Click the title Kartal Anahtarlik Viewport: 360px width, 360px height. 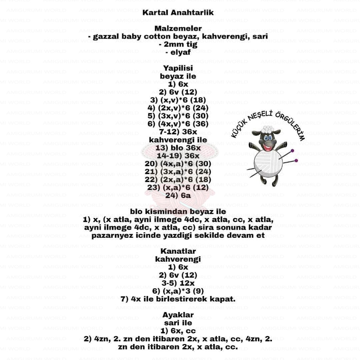178,13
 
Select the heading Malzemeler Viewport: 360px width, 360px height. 178,29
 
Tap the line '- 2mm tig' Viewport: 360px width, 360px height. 178,44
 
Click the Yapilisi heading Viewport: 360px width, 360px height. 178,68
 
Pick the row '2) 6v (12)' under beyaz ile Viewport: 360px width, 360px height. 178,92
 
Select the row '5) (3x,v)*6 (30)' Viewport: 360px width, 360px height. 178,116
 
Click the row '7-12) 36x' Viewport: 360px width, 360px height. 178,132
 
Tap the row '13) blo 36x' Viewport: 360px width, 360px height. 178,148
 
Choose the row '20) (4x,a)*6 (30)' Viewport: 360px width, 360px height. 178,164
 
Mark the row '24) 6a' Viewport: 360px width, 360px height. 178,196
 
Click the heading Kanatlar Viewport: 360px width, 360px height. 178,251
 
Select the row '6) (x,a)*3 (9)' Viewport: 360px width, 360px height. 178,291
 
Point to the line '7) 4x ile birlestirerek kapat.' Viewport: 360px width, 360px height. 178,299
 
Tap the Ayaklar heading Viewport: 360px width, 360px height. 178,315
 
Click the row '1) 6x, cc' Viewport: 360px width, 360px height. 178,331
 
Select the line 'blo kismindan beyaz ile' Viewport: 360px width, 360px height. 178,211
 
